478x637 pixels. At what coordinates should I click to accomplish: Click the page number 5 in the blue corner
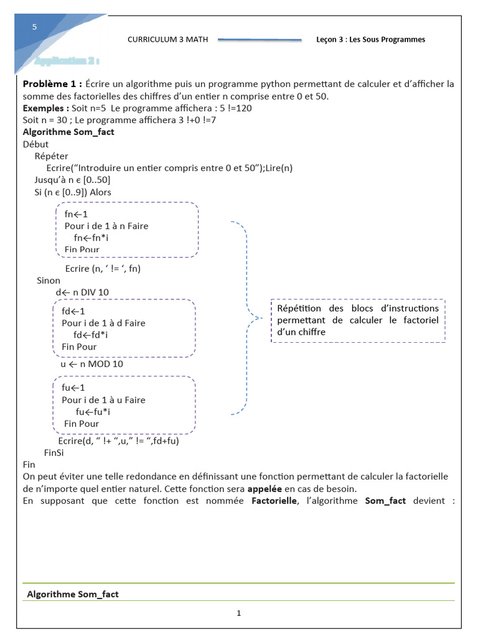(x=35, y=27)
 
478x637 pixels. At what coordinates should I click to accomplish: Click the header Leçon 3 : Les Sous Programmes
(x=370, y=39)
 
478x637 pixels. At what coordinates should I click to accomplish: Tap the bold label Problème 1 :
(x=52, y=84)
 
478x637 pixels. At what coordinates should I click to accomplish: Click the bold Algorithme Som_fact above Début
(x=68, y=132)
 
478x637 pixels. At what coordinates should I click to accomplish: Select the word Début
(x=35, y=144)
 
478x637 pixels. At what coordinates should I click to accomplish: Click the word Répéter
(x=52, y=156)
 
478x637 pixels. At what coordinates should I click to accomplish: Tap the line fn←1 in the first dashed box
(x=77, y=214)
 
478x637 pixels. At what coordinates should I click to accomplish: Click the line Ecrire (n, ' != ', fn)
(x=103, y=269)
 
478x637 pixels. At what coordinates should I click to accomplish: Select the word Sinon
(x=49, y=281)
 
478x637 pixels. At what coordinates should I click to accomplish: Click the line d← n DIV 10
(x=82, y=292)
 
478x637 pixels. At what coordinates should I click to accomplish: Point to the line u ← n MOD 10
(x=91, y=364)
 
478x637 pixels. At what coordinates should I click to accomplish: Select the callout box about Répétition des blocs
(x=358, y=320)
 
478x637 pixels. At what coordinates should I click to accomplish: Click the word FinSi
(x=54, y=453)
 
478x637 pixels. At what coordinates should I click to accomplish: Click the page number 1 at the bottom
(x=238, y=613)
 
